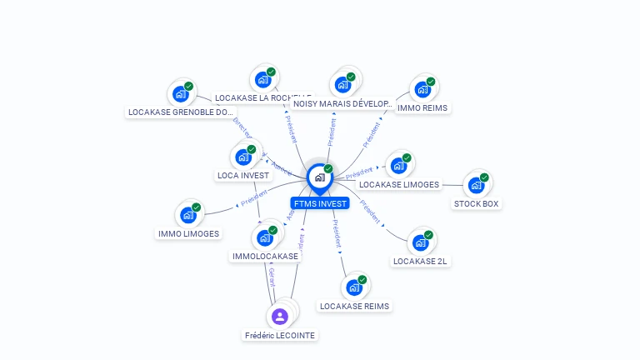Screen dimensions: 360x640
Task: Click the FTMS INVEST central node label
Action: tap(320, 203)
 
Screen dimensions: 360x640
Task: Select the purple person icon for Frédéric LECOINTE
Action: tap(280, 317)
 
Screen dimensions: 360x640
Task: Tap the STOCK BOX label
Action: tap(477, 203)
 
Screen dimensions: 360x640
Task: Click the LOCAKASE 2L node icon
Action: tap(421, 243)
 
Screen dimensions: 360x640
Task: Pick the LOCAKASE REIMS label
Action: tap(354, 306)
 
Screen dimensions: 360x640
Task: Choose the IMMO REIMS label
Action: tap(422, 107)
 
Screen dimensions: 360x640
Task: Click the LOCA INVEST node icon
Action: tap(243, 157)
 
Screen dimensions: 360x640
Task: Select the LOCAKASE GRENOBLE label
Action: tap(181, 112)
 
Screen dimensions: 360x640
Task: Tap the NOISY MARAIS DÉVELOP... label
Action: tap(342, 104)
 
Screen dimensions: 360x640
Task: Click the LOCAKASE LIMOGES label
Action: tap(398, 184)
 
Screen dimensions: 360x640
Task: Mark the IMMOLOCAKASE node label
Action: tap(265, 256)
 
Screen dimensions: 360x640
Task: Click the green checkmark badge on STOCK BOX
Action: tap(484, 177)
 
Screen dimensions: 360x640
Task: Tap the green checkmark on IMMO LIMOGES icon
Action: tap(197, 207)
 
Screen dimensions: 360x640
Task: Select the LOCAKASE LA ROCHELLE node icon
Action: tap(263, 80)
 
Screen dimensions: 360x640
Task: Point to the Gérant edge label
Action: tap(272, 277)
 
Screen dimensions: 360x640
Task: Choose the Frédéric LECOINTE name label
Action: tap(280, 335)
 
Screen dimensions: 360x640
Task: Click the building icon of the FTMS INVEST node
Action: tap(319, 177)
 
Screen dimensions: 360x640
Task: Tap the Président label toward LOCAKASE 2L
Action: tap(371, 213)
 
